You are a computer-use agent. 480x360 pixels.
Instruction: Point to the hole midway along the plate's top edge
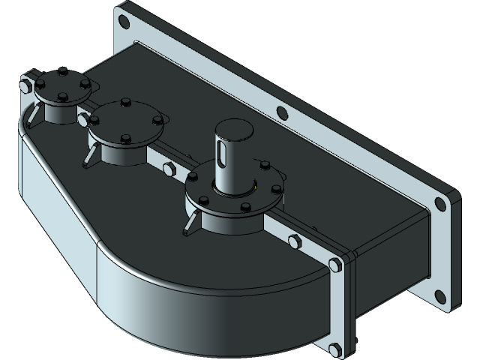pos(282,114)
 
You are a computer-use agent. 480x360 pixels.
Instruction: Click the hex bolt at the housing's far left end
pos(27,84)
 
